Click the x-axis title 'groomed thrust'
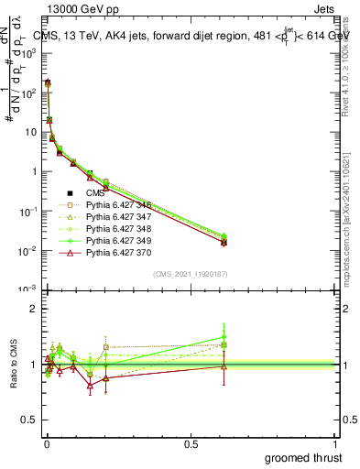303,457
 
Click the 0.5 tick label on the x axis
191,443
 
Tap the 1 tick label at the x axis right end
337,443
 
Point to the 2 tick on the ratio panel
33,309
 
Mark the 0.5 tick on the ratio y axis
29,420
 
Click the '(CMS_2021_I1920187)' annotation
191,273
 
